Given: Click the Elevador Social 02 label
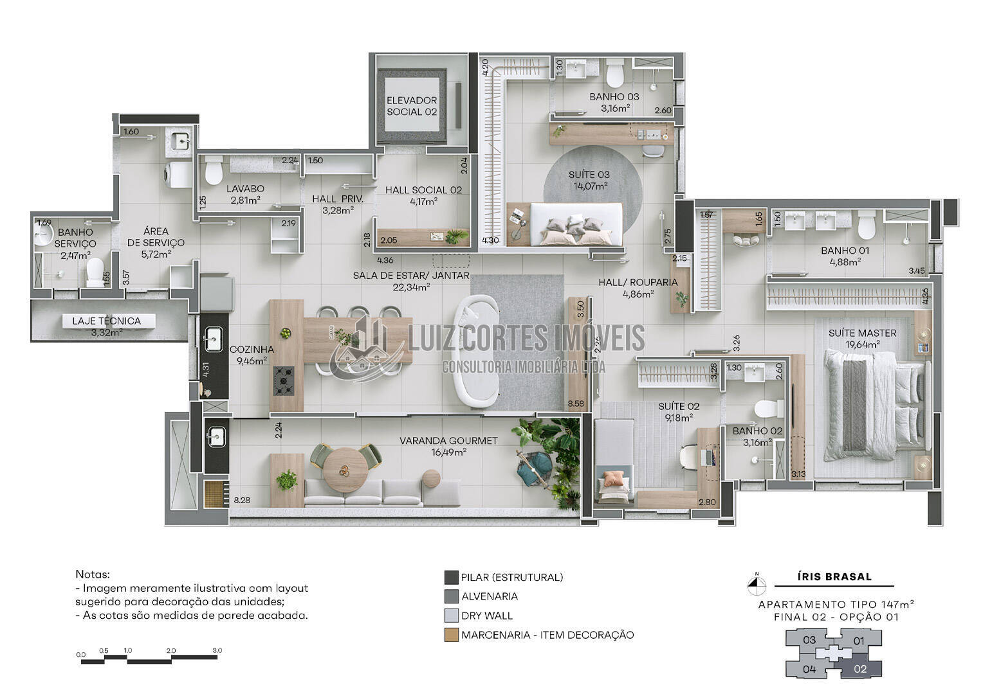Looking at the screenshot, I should [x=412, y=106].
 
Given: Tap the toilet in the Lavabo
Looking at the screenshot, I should [x=212, y=170].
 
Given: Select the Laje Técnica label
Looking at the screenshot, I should [x=106, y=321].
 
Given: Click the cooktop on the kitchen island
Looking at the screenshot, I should [x=284, y=380].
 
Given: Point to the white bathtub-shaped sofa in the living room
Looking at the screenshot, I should [x=475, y=351].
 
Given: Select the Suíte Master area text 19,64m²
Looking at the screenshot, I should [x=863, y=344].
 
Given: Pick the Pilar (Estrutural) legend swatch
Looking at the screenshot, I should [x=452, y=577].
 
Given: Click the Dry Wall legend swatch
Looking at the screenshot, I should [x=452, y=616].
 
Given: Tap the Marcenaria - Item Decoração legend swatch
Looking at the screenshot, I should [x=452, y=635].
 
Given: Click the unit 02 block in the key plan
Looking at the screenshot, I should [x=859, y=668].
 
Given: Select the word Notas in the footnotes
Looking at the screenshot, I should [x=93, y=574].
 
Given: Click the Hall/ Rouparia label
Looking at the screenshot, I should [x=638, y=282].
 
